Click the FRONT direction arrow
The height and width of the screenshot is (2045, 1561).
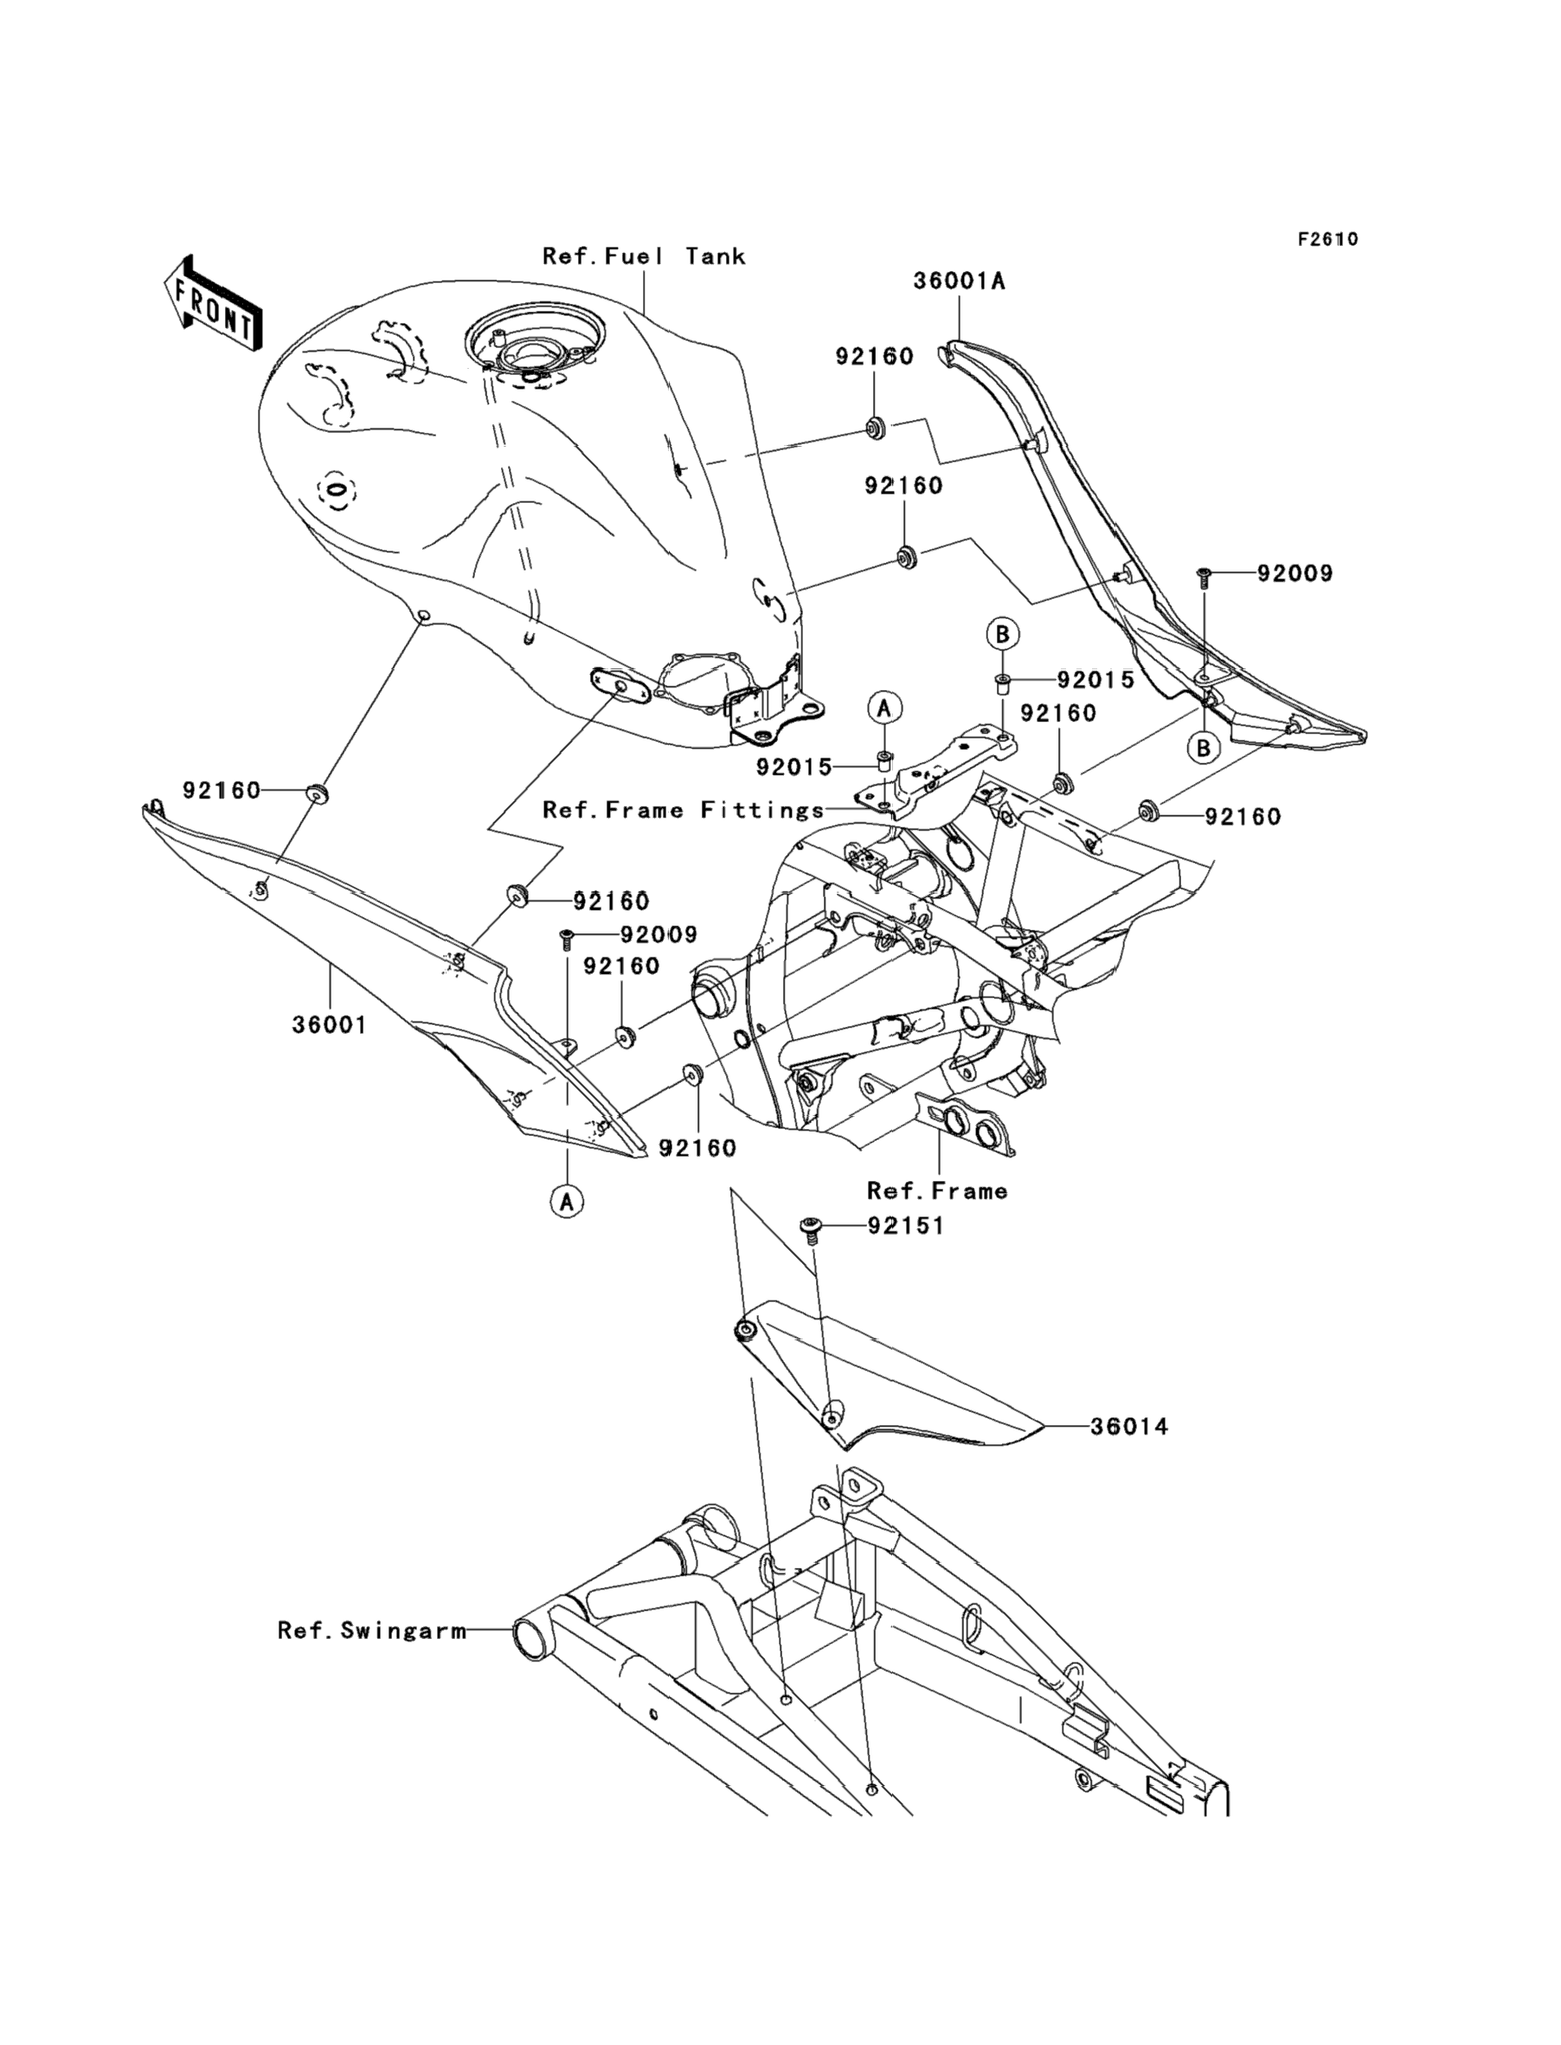tap(212, 303)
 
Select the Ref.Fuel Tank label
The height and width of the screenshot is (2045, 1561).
tap(644, 255)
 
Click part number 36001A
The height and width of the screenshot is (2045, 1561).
tap(959, 281)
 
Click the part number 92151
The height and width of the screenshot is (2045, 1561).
tap(906, 1226)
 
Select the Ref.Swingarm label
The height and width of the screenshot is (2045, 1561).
tap(373, 1629)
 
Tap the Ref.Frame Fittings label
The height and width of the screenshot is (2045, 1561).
tap(683, 810)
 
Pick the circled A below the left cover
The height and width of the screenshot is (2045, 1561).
tap(567, 1201)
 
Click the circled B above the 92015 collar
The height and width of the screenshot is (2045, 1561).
tap(1003, 634)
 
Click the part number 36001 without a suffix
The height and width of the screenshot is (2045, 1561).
tap(329, 1024)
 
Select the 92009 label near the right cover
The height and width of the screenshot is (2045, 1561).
tap(1294, 573)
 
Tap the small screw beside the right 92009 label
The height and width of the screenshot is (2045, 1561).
tap(1204, 577)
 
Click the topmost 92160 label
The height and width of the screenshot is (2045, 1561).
tap(873, 356)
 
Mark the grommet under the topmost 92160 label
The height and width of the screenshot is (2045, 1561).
tap(873, 429)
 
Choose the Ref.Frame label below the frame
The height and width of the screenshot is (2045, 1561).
tap(936, 1190)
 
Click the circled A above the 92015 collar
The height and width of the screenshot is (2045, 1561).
tap(883, 707)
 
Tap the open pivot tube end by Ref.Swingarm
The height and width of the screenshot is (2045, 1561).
tap(532, 1639)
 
